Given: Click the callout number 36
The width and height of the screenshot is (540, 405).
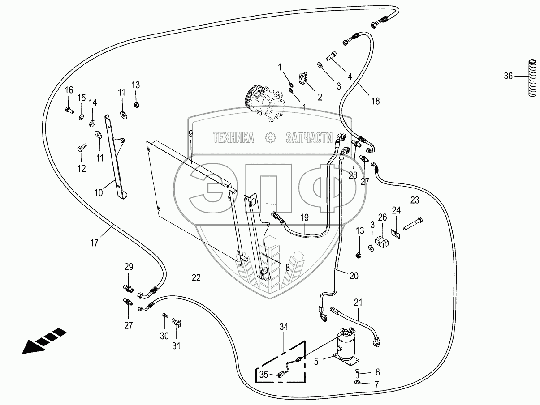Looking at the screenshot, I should click(508, 76).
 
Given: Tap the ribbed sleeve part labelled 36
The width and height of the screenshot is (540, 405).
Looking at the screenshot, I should click(532, 77).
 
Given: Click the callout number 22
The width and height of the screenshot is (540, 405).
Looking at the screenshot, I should click(196, 277).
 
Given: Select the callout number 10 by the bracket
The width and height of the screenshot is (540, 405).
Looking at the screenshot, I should click(98, 192).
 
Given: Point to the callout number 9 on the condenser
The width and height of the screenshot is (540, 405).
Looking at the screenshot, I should click(190, 133).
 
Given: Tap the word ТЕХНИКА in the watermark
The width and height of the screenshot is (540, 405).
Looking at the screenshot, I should click(233, 137).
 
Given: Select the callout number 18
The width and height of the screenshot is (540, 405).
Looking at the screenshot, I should click(375, 101).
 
